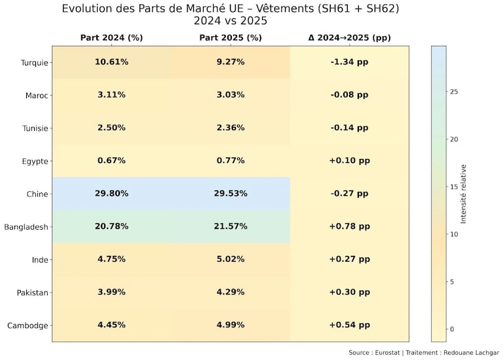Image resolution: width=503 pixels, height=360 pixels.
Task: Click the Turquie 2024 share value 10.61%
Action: coord(111,62)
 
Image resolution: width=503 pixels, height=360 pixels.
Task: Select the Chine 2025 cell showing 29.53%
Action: coord(231,194)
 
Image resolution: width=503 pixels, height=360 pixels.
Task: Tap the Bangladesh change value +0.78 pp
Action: coord(349,226)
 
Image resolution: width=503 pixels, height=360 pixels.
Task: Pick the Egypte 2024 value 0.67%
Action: coord(111,161)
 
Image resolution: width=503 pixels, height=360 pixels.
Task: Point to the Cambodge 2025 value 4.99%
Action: coord(231,325)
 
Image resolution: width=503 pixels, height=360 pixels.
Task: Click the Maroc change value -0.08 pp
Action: coord(349,95)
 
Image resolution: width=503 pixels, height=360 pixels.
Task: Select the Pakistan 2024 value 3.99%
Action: coord(111,293)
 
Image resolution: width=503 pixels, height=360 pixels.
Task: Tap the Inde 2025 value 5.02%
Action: coord(231,260)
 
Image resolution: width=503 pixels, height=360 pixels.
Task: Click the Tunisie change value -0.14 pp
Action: coord(349,128)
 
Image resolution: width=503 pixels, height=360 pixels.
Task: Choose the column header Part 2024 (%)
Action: coord(111,38)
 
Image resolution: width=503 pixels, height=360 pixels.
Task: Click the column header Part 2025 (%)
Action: coord(231,38)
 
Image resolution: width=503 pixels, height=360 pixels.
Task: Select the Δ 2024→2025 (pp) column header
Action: coord(349,38)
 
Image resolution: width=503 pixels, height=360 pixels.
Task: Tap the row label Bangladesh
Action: coord(26,227)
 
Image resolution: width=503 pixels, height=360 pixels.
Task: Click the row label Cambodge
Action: coord(28,326)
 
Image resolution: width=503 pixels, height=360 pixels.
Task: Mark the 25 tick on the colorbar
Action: coord(453,92)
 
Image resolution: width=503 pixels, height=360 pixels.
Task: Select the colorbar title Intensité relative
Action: coord(464,194)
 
